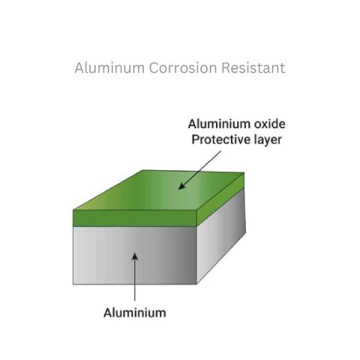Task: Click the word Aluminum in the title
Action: tap(109, 67)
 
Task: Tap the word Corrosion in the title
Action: tap(183, 67)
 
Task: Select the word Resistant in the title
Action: tap(253, 67)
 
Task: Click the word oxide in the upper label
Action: tap(270, 124)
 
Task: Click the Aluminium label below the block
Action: tap(135, 313)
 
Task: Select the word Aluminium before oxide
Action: tap(219, 124)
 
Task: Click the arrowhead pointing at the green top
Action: tap(181, 186)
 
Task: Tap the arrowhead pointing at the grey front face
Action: tap(135, 256)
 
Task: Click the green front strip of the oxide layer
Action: tap(135, 218)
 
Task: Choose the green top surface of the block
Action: tap(158, 190)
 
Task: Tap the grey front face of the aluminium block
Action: tap(135, 255)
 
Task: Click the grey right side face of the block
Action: tap(221, 235)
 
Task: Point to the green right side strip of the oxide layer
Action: tap(220, 200)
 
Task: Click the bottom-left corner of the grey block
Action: tap(73, 284)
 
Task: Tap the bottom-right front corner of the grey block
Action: tap(197, 284)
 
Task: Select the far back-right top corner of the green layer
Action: tap(244, 172)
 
